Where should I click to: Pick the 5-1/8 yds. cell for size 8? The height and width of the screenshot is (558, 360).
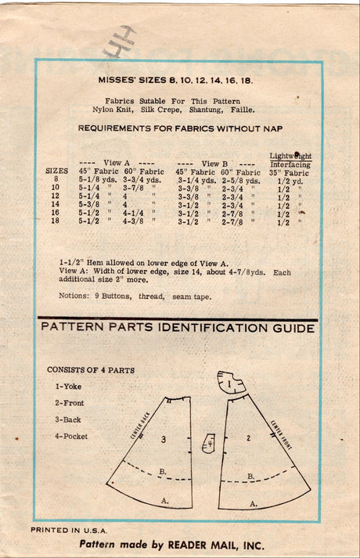pos(96,180)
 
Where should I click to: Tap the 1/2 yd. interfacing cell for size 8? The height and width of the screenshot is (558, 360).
pos(290,180)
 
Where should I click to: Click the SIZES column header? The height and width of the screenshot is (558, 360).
pos(56,171)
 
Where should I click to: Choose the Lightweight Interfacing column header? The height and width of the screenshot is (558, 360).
pos(290,160)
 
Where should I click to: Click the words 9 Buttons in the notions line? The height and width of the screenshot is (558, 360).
pos(113,295)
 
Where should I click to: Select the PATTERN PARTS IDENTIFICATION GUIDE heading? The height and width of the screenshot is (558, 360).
pos(178,329)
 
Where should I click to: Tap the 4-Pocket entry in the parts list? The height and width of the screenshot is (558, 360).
pos(71,436)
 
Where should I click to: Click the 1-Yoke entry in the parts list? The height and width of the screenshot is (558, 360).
pos(69,386)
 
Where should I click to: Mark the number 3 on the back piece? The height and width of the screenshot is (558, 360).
pos(164,440)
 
